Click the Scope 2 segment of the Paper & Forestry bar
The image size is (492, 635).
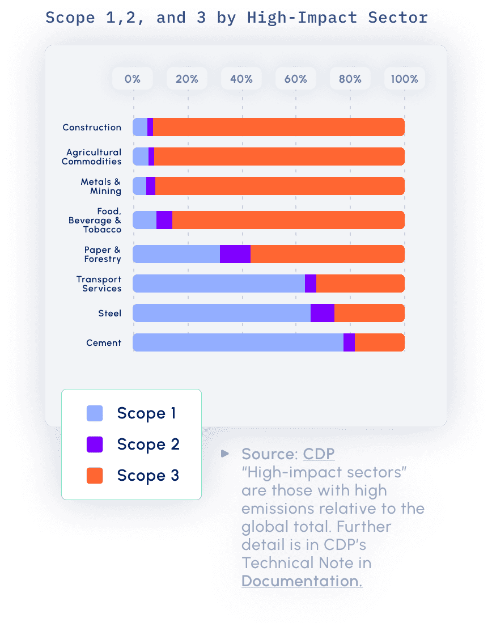(x=235, y=254)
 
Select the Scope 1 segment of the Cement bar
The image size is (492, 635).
(x=238, y=342)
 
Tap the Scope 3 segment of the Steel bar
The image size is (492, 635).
(x=369, y=313)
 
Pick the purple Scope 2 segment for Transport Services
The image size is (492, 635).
(x=311, y=283)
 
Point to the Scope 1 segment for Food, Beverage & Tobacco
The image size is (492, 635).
(x=145, y=220)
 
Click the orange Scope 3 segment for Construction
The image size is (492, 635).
(x=278, y=127)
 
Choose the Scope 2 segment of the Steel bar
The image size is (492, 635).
(x=323, y=313)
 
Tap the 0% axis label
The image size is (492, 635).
(x=133, y=79)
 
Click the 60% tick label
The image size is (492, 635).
(x=296, y=79)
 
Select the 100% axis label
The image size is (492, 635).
(x=405, y=79)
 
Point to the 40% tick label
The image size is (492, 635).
(x=241, y=79)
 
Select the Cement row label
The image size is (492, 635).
(x=104, y=342)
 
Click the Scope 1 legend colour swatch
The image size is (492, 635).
(x=95, y=413)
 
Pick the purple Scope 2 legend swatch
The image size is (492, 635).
(x=95, y=444)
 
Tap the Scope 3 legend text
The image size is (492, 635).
(x=149, y=475)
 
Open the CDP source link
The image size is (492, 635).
(x=319, y=454)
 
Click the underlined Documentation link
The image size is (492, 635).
(x=302, y=581)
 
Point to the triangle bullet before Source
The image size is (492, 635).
(x=226, y=454)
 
